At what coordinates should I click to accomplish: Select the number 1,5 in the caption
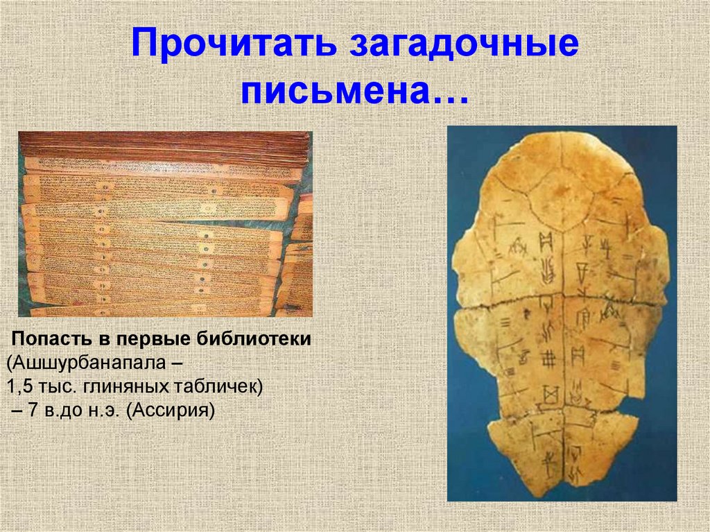click(18, 387)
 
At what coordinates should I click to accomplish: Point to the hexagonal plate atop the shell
click(560, 201)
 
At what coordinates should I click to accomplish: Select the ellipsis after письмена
click(450, 92)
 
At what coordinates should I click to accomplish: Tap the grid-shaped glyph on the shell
click(548, 359)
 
